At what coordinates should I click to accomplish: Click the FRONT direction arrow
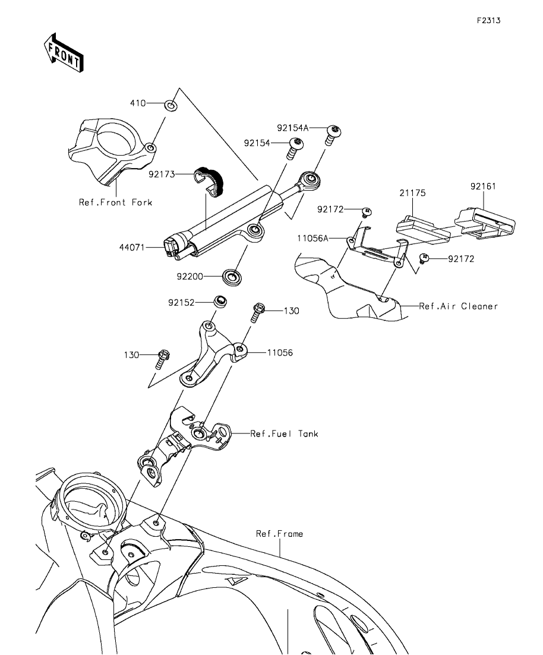tap(64, 52)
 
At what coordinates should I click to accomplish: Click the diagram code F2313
tap(489, 20)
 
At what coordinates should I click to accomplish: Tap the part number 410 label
tap(138, 103)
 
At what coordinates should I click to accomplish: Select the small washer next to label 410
tap(171, 105)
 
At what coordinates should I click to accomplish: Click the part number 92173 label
tap(162, 174)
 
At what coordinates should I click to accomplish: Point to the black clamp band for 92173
tap(210, 181)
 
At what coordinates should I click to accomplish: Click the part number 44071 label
tap(132, 247)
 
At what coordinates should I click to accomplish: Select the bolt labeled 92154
tap(295, 148)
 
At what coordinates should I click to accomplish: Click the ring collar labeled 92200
tap(232, 277)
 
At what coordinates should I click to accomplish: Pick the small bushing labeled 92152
tap(220, 302)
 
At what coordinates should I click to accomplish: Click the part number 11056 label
tap(280, 353)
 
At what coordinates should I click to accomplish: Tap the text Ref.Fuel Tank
tap(284, 433)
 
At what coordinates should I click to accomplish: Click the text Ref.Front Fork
tap(115, 202)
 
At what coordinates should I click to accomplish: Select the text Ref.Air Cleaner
tap(459, 306)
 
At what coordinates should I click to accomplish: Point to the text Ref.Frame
tap(279, 533)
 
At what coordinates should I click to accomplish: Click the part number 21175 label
tap(412, 192)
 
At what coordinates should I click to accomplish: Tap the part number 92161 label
tap(483, 186)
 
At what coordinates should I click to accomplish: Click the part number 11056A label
tap(312, 238)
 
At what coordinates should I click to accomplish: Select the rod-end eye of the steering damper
tap(310, 181)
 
